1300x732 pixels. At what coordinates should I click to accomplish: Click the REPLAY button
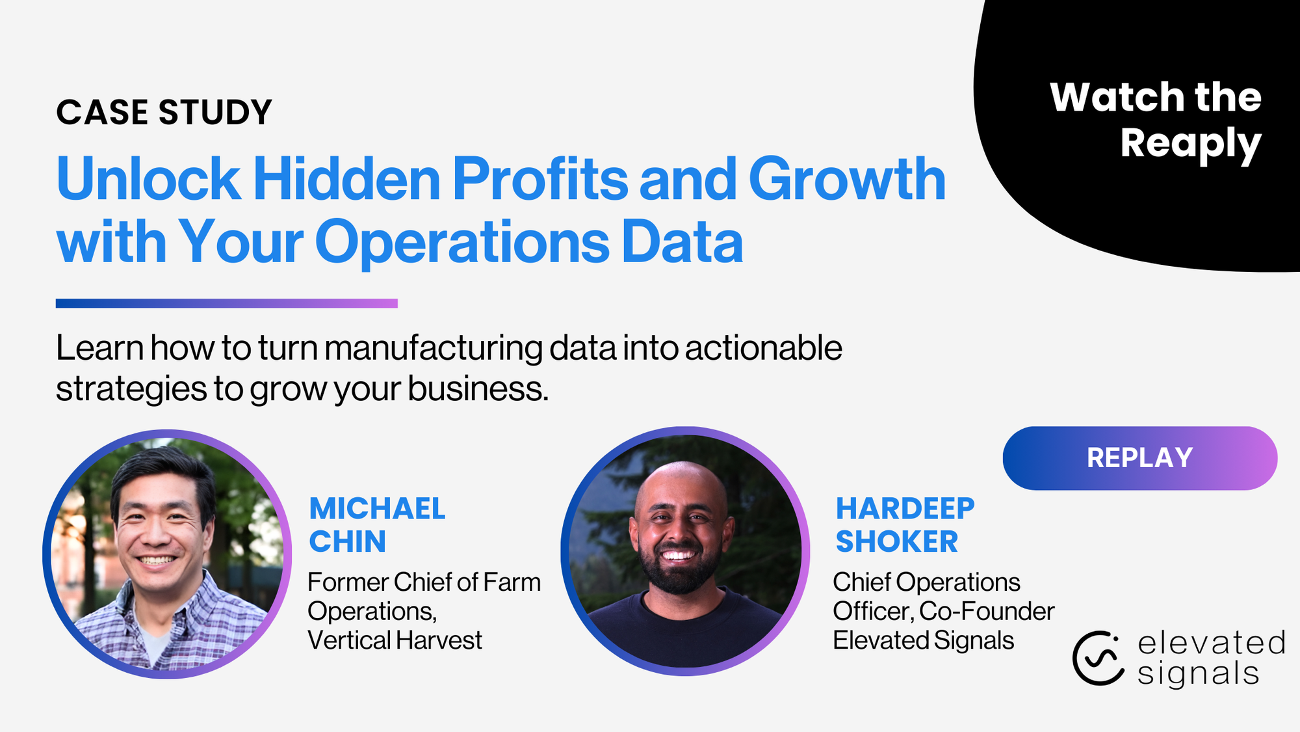(1139, 458)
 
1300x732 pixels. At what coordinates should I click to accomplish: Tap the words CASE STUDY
(164, 113)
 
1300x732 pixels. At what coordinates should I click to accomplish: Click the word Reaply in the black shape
(1190, 144)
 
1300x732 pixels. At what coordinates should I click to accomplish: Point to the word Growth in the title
(847, 179)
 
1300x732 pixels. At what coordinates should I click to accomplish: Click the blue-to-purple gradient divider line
(226, 303)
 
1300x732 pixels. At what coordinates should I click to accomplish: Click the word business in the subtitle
(478, 389)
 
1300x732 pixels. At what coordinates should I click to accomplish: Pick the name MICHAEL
(377, 509)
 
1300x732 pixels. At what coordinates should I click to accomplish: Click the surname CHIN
(347, 541)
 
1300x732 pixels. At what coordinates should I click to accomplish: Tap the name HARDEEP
(905, 509)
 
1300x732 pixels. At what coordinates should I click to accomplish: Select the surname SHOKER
(896, 541)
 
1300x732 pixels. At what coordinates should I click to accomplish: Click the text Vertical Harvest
(395, 641)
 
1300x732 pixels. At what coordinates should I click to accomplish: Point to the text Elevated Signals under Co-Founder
(923, 641)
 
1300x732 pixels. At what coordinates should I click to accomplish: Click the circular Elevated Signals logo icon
(1098, 658)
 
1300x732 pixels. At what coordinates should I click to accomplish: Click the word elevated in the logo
(1212, 643)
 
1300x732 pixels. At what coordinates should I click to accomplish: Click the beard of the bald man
(680, 573)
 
